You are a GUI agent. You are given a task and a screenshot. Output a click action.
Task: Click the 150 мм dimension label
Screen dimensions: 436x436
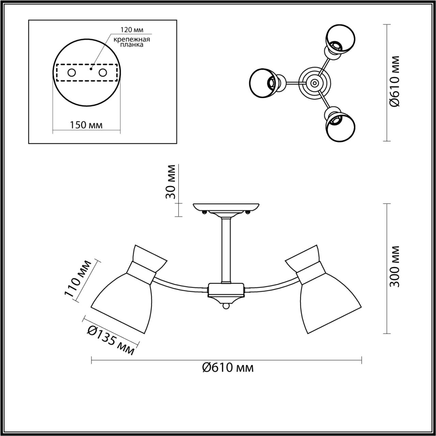[x=86, y=125]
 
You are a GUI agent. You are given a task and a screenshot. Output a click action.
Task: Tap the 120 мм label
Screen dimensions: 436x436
[x=131, y=30]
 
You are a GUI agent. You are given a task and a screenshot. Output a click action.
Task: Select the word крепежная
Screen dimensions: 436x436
[x=132, y=39]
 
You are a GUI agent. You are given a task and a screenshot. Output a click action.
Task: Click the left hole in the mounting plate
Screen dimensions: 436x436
[x=72, y=73]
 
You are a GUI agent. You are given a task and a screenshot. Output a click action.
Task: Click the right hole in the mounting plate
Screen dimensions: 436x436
[x=103, y=73]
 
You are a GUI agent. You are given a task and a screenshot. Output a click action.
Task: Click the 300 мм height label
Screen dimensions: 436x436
[x=394, y=266]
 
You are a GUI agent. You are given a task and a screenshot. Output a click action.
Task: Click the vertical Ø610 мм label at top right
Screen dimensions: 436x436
[x=394, y=82]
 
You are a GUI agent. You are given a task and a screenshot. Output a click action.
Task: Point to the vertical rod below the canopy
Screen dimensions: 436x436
[x=226, y=250]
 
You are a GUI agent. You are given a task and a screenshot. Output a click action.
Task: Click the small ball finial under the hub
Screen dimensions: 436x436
[x=226, y=307]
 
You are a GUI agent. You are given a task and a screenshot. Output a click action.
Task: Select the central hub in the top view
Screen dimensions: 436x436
[x=313, y=82]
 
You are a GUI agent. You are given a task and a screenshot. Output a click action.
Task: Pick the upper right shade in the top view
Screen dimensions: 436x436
[x=341, y=38]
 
